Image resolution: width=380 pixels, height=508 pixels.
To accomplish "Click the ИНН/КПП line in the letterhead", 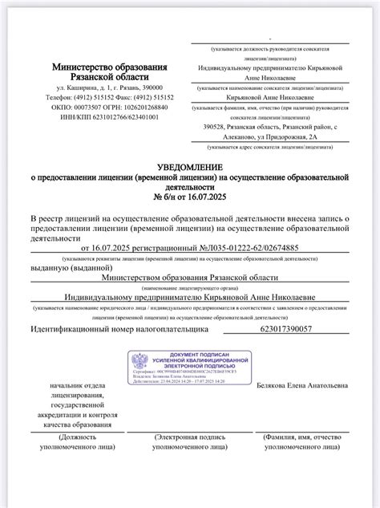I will click(111, 116).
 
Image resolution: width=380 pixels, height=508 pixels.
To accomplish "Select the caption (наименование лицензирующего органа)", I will click(189, 287).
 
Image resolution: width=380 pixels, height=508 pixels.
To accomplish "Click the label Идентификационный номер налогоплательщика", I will click(108, 329).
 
